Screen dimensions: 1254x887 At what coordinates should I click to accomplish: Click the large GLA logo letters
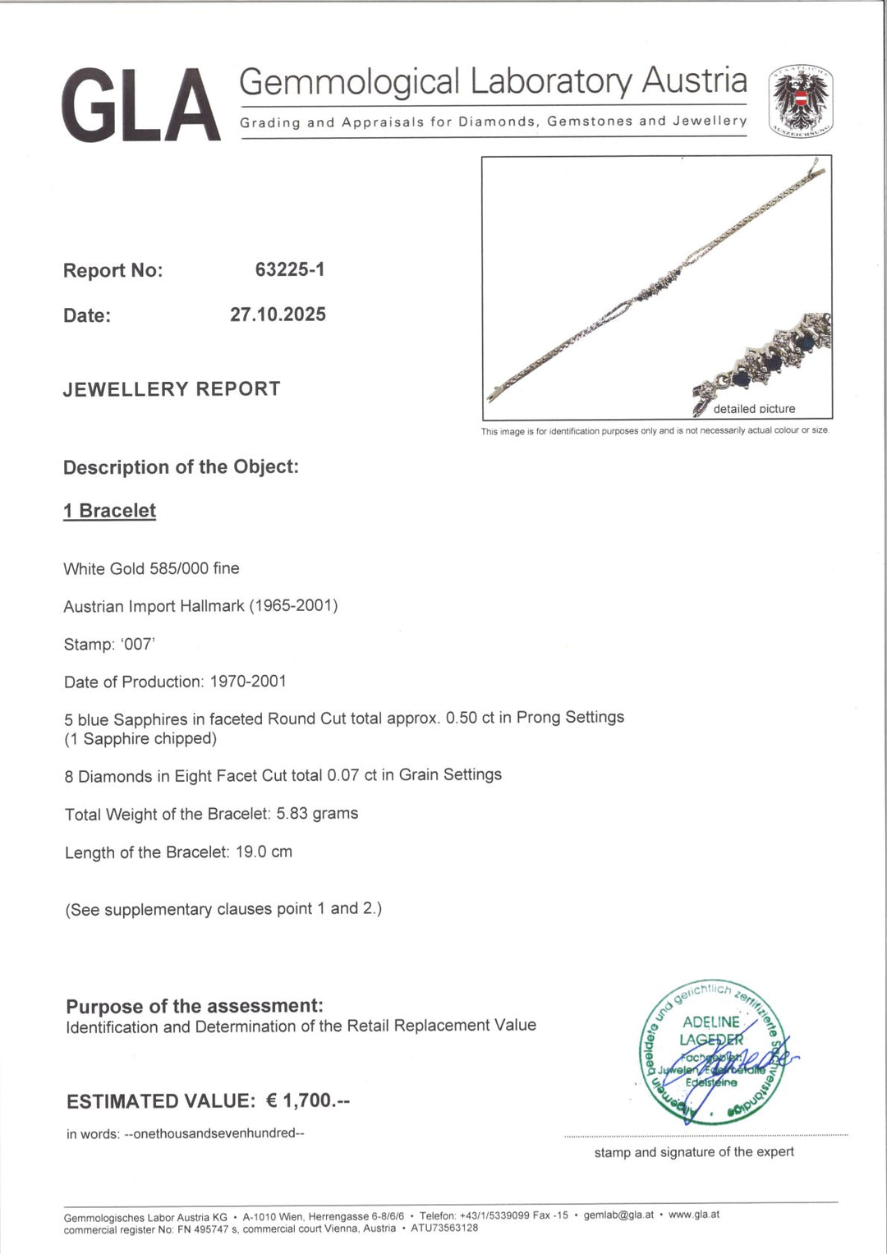(x=140, y=106)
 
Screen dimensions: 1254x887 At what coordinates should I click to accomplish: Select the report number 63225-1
(x=290, y=269)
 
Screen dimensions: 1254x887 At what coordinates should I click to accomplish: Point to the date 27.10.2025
(x=278, y=315)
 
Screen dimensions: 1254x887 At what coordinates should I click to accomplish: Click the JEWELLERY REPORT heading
(x=172, y=389)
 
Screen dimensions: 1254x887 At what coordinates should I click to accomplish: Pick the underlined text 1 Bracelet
(x=110, y=511)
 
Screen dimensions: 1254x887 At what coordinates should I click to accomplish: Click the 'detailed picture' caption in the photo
(x=754, y=409)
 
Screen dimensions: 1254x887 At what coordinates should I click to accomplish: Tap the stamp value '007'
(x=137, y=645)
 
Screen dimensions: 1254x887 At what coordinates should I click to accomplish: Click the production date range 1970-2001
(x=248, y=682)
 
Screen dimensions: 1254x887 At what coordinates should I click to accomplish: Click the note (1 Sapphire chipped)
(x=140, y=739)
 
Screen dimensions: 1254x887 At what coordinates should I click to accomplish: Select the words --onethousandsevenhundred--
(x=214, y=1133)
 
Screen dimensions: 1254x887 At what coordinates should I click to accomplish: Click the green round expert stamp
(x=712, y=1054)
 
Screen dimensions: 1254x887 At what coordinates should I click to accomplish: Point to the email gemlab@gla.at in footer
(x=618, y=1215)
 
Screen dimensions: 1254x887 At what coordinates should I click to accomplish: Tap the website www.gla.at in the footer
(x=694, y=1215)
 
